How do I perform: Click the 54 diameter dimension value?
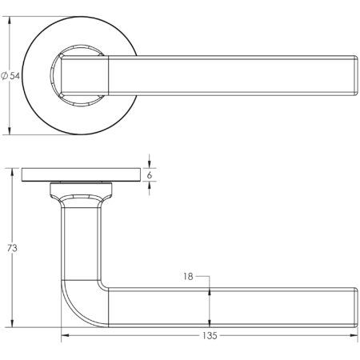(14, 75)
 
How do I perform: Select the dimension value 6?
(150, 174)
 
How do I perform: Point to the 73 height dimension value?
(11, 248)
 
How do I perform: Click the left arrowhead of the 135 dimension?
(66, 336)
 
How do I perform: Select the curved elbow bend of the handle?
(76, 304)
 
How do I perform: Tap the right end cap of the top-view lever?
(352, 75)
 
